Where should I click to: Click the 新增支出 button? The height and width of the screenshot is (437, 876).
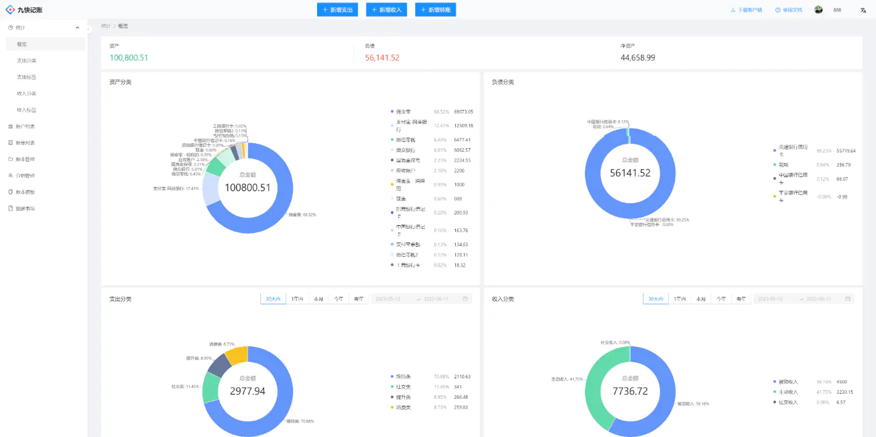[x=337, y=10]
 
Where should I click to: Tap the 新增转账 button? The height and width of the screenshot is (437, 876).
[x=436, y=10]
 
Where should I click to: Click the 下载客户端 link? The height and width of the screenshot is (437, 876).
[x=746, y=10]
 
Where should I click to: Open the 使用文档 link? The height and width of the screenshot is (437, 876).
[x=789, y=10]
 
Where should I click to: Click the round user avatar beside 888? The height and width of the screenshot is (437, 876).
[x=819, y=10]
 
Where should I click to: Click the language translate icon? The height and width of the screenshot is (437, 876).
[x=863, y=10]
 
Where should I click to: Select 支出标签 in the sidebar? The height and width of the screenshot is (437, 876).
[x=27, y=77]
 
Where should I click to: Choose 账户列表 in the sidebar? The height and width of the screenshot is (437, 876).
[x=25, y=127]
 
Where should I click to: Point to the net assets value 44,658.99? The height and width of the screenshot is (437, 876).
[x=638, y=58]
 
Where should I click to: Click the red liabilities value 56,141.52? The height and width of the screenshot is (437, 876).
[x=382, y=58]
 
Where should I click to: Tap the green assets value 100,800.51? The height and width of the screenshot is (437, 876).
[x=129, y=58]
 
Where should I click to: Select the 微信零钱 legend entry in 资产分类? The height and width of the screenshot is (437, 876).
[x=405, y=140]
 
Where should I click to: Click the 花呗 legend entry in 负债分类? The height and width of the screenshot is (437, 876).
[x=783, y=165]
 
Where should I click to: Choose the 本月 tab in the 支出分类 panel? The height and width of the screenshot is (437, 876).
[x=318, y=299]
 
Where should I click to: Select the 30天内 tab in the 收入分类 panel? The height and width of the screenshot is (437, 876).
[x=655, y=299]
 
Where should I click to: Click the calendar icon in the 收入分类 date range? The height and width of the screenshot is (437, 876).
[x=848, y=299]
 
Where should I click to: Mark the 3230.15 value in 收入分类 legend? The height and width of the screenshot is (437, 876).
[x=845, y=392]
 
